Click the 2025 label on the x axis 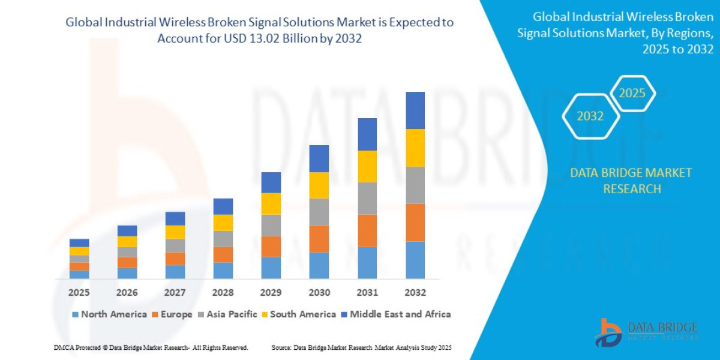[79, 293]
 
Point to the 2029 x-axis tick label [271, 293]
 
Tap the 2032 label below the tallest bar [415, 293]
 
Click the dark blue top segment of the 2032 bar [415, 110]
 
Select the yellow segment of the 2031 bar [367, 166]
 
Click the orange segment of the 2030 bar [319, 239]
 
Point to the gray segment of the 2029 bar [271, 226]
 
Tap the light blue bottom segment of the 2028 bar [223, 271]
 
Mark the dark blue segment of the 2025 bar [79, 243]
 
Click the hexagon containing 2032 [590, 116]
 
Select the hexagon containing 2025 [632, 94]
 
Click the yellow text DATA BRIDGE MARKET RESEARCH [631, 181]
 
